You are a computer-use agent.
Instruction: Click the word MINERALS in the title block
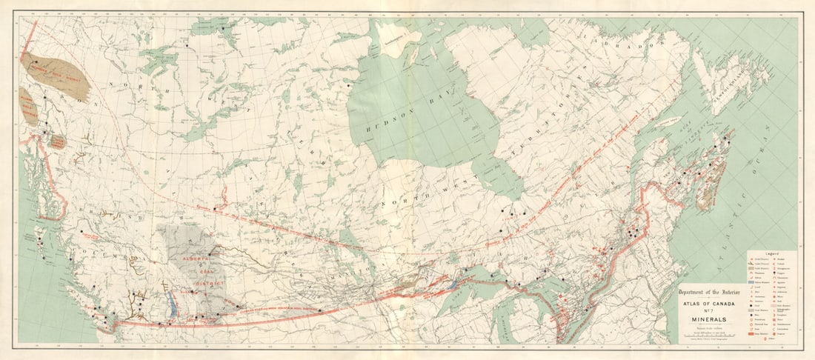coord(705,320)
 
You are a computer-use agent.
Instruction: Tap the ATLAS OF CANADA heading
coord(705,301)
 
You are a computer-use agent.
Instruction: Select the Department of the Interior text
coord(705,291)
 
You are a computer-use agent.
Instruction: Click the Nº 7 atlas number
coord(705,310)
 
